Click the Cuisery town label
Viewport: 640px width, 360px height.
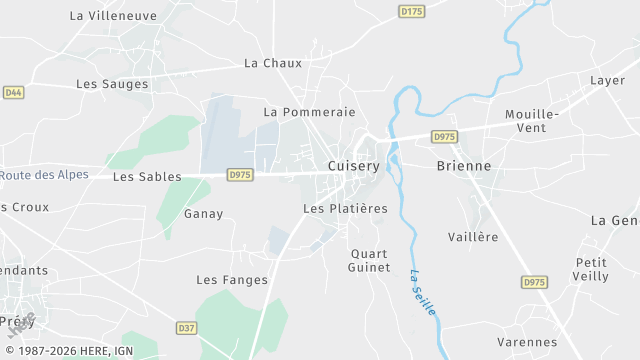click(x=354, y=167)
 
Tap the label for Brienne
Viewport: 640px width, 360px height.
click(x=464, y=167)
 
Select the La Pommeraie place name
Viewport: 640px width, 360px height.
click(x=309, y=112)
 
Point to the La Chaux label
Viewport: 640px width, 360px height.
click(x=273, y=63)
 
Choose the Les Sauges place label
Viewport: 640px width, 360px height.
click(x=112, y=85)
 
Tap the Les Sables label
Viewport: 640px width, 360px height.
click(x=147, y=177)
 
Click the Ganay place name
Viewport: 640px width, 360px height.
click(x=204, y=214)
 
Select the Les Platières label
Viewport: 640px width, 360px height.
click(x=345, y=209)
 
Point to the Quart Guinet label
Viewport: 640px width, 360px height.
click(x=369, y=260)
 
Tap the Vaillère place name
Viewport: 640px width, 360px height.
click(x=472, y=237)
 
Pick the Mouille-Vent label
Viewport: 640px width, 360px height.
click(x=532, y=121)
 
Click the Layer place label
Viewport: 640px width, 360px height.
click(x=607, y=81)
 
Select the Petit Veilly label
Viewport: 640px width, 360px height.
click(x=591, y=269)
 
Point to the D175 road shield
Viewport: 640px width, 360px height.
click(x=411, y=12)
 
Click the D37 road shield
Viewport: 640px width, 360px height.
click(x=186, y=328)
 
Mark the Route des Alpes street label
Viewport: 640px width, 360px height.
click(x=44, y=175)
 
